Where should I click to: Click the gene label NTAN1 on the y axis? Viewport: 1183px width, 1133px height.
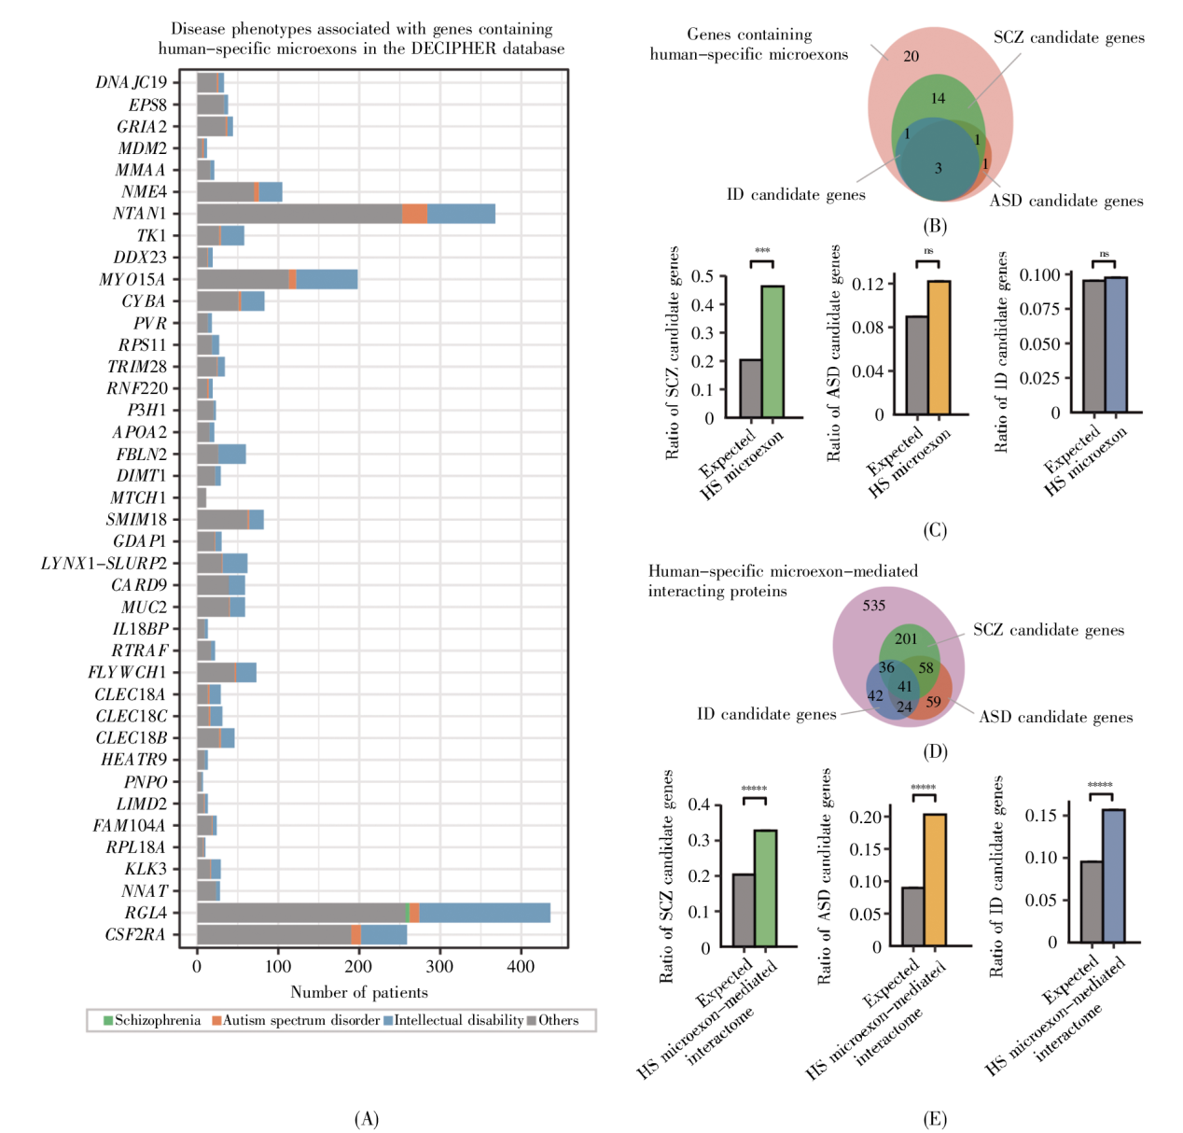[x=139, y=214]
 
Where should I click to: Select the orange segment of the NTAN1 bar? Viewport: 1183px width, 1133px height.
[x=414, y=214]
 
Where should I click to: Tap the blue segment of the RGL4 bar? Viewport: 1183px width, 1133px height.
[x=484, y=913]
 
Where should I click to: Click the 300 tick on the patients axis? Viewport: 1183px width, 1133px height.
[x=439, y=967]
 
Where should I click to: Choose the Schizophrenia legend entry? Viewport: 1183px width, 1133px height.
[x=151, y=1020]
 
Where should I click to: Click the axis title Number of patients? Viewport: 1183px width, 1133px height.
[x=359, y=992]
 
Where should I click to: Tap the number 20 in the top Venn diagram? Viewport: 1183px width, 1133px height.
[x=911, y=56]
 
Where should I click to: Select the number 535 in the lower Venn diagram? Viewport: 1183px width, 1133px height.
[x=873, y=606]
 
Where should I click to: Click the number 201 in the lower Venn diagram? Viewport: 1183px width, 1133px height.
[x=906, y=639]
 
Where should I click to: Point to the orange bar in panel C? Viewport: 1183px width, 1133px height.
[x=939, y=347]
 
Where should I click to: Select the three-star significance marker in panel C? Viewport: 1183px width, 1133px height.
[x=762, y=251]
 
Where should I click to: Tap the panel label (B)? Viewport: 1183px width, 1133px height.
[x=934, y=226]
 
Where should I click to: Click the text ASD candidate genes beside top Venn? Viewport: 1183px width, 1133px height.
[x=1065, y=201]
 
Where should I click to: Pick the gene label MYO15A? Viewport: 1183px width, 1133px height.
[x=132, y=279]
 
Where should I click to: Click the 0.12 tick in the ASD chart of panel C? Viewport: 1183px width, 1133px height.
[x=868, y=284]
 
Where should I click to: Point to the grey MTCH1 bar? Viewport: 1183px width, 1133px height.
[x=202, y=497]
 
